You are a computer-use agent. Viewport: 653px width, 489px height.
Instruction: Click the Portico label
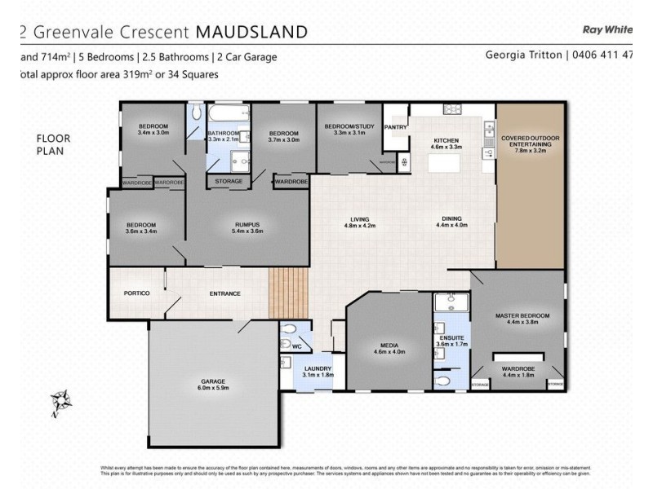[x=135, y=293]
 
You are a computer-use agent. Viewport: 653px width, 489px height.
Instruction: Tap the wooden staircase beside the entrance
[x=289, y=293]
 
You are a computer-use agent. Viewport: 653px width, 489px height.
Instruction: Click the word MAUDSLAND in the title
[x=250, y=33]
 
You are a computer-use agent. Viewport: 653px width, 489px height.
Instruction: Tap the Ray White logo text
[x=608, y=29]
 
